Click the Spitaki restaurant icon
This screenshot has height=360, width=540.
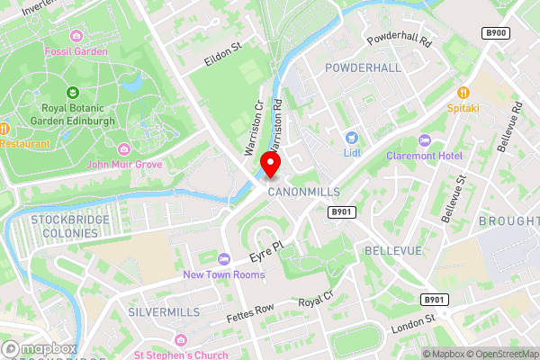(464, 92)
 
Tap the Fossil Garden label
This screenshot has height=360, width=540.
(76, 51)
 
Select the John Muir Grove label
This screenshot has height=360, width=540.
(125, 165)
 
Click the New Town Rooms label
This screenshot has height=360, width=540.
(223, 274)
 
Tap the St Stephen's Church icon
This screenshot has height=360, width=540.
(181, 339)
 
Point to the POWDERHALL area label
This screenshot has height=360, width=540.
(363, 68)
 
